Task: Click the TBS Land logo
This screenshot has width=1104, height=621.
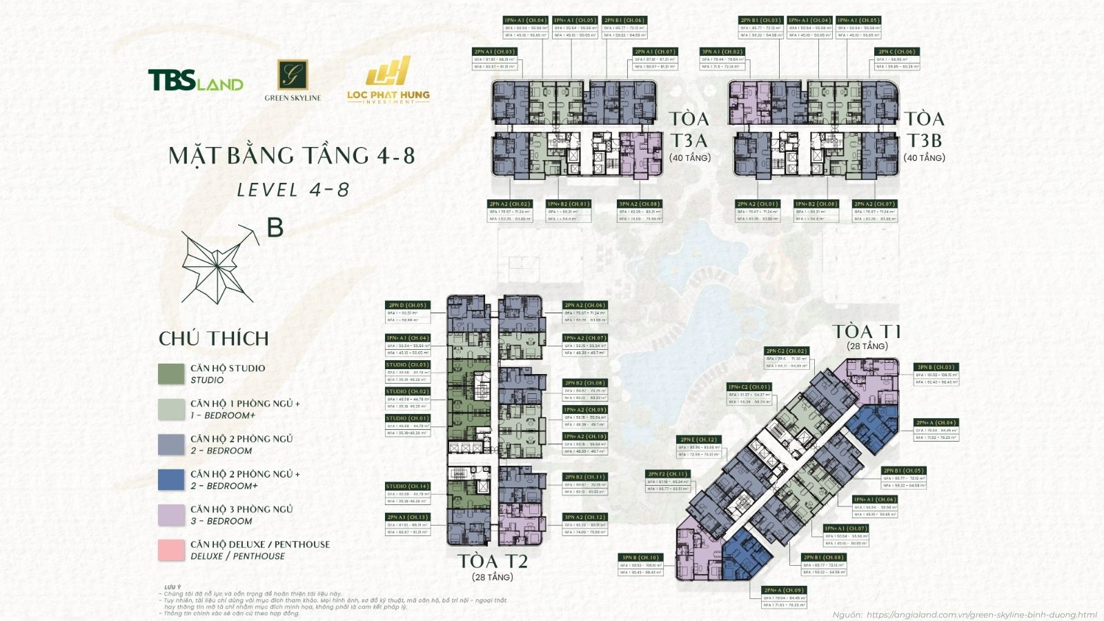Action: click(x=195, y=81)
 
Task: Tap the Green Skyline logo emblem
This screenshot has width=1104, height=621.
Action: click(x=292, y=75)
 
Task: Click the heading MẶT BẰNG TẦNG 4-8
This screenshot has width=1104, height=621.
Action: click(x=292, y=156)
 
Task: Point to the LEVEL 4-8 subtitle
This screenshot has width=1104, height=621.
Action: click(x=293, y=190)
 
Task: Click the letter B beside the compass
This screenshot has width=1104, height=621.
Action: click(x=275, y=227)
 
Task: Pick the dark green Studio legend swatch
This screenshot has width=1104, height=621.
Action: click(x=171, y=374)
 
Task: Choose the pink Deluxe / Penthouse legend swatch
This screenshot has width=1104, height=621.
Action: click(x=171, y=550)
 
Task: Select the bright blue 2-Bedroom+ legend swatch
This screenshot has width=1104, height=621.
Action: click(x=171, y=480)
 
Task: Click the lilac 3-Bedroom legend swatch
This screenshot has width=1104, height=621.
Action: click(x=171, y=515)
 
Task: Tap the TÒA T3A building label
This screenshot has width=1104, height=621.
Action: click(x=689, y=130)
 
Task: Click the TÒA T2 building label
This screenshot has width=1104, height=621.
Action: click(x=493, y=562)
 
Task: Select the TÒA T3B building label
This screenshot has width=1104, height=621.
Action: click(x=924, y=130)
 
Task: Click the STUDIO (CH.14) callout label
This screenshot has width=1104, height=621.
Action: click(x=408, y=486)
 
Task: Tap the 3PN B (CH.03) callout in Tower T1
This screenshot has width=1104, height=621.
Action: click(x=935, y=367)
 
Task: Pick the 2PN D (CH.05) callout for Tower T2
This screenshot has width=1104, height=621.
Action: click(x=408, y=305)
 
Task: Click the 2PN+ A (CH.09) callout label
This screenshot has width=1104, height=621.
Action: click(x=784, y=590)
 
